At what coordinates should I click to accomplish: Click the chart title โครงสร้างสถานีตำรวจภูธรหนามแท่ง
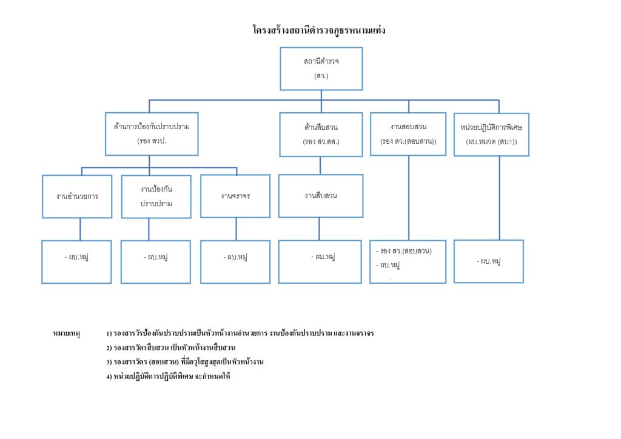coord(318,30)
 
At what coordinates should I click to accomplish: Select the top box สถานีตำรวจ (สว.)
coord(321,69)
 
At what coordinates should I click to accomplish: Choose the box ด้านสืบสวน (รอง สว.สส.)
coord(321,134)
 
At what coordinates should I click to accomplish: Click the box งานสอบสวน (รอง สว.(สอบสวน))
coord(408,134)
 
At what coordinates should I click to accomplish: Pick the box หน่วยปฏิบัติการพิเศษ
coord(491,135)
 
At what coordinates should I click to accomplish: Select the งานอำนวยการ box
coord(77,196)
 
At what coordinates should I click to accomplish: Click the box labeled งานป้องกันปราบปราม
coord(156,196)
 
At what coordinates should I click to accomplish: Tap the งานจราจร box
coord(235,196)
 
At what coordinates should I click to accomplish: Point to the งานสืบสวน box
coord(321,196)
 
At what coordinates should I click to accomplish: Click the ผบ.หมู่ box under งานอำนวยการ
coord(76,261)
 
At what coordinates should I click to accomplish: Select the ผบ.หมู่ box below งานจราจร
coord(235,262)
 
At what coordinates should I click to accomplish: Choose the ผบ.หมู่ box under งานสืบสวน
coord(321,261)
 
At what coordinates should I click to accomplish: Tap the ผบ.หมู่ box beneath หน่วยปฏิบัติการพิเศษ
coord(488,261)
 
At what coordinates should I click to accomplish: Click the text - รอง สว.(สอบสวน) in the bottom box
coord(403,251)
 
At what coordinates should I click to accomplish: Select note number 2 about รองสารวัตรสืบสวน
coord(170,347)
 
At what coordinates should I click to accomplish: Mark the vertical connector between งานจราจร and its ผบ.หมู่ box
coord(236,229)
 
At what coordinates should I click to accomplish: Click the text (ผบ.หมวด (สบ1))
coord(491,141)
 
